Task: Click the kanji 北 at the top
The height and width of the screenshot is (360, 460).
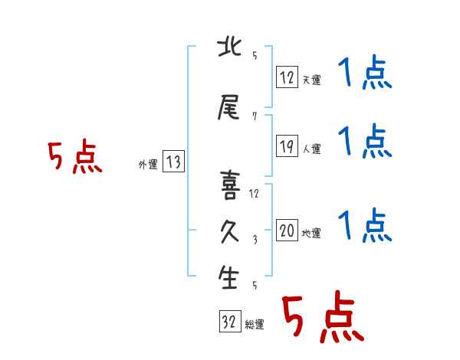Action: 229,47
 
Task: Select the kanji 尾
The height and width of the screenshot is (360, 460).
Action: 228,107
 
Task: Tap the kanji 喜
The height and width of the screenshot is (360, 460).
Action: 230,185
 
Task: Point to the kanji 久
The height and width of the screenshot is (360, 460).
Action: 229,232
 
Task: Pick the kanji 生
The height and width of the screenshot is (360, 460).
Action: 228,277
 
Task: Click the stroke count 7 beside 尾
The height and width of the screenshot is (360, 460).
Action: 255,116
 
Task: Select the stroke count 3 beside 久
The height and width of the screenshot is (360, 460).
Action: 255,240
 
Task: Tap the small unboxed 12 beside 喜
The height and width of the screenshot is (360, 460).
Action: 254,194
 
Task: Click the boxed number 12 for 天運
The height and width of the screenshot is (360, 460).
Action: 287,77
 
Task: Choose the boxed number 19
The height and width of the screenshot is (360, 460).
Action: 287,146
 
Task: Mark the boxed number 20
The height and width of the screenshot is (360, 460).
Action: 287,230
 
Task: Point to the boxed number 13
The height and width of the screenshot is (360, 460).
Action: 173,162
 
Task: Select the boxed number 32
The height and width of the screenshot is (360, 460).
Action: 230,321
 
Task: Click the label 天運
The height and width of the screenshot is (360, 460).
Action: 311,80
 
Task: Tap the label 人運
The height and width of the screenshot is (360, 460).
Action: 311,149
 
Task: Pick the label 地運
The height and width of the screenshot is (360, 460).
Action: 311,234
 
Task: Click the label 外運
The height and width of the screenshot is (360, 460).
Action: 148,165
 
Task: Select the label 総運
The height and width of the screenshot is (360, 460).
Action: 255,325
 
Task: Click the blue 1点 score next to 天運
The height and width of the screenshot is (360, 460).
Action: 365,72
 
